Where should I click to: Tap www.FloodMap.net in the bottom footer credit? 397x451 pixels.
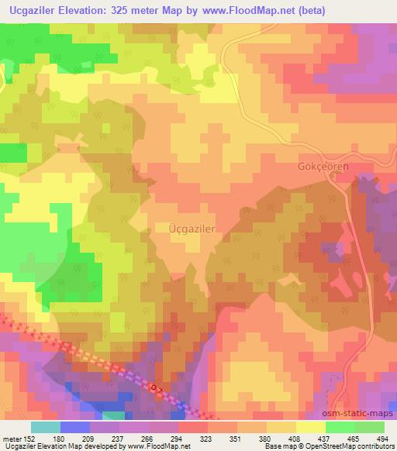(x=157, y=446)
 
